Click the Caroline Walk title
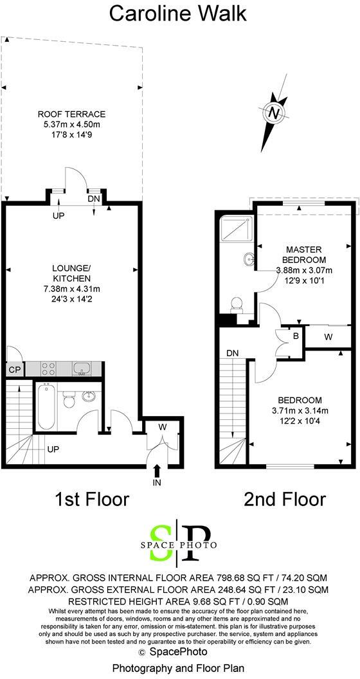coord(178,13)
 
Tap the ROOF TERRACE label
coord(71,115)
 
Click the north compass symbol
coord(275,114)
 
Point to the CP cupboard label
coord(14,370)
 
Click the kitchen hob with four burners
coord(49,368)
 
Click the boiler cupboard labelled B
coord(296,336)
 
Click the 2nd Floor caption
coord(285,498)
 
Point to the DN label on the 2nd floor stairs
coord(233,353)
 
